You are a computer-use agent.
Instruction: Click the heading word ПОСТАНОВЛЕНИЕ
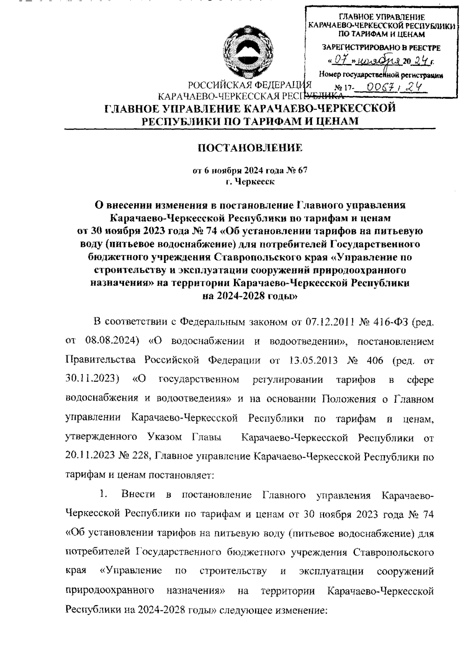[250, 148]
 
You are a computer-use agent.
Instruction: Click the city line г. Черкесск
[250, 182]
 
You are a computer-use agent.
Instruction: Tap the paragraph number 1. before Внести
[103, 494]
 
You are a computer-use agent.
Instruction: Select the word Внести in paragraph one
[138, 494]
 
